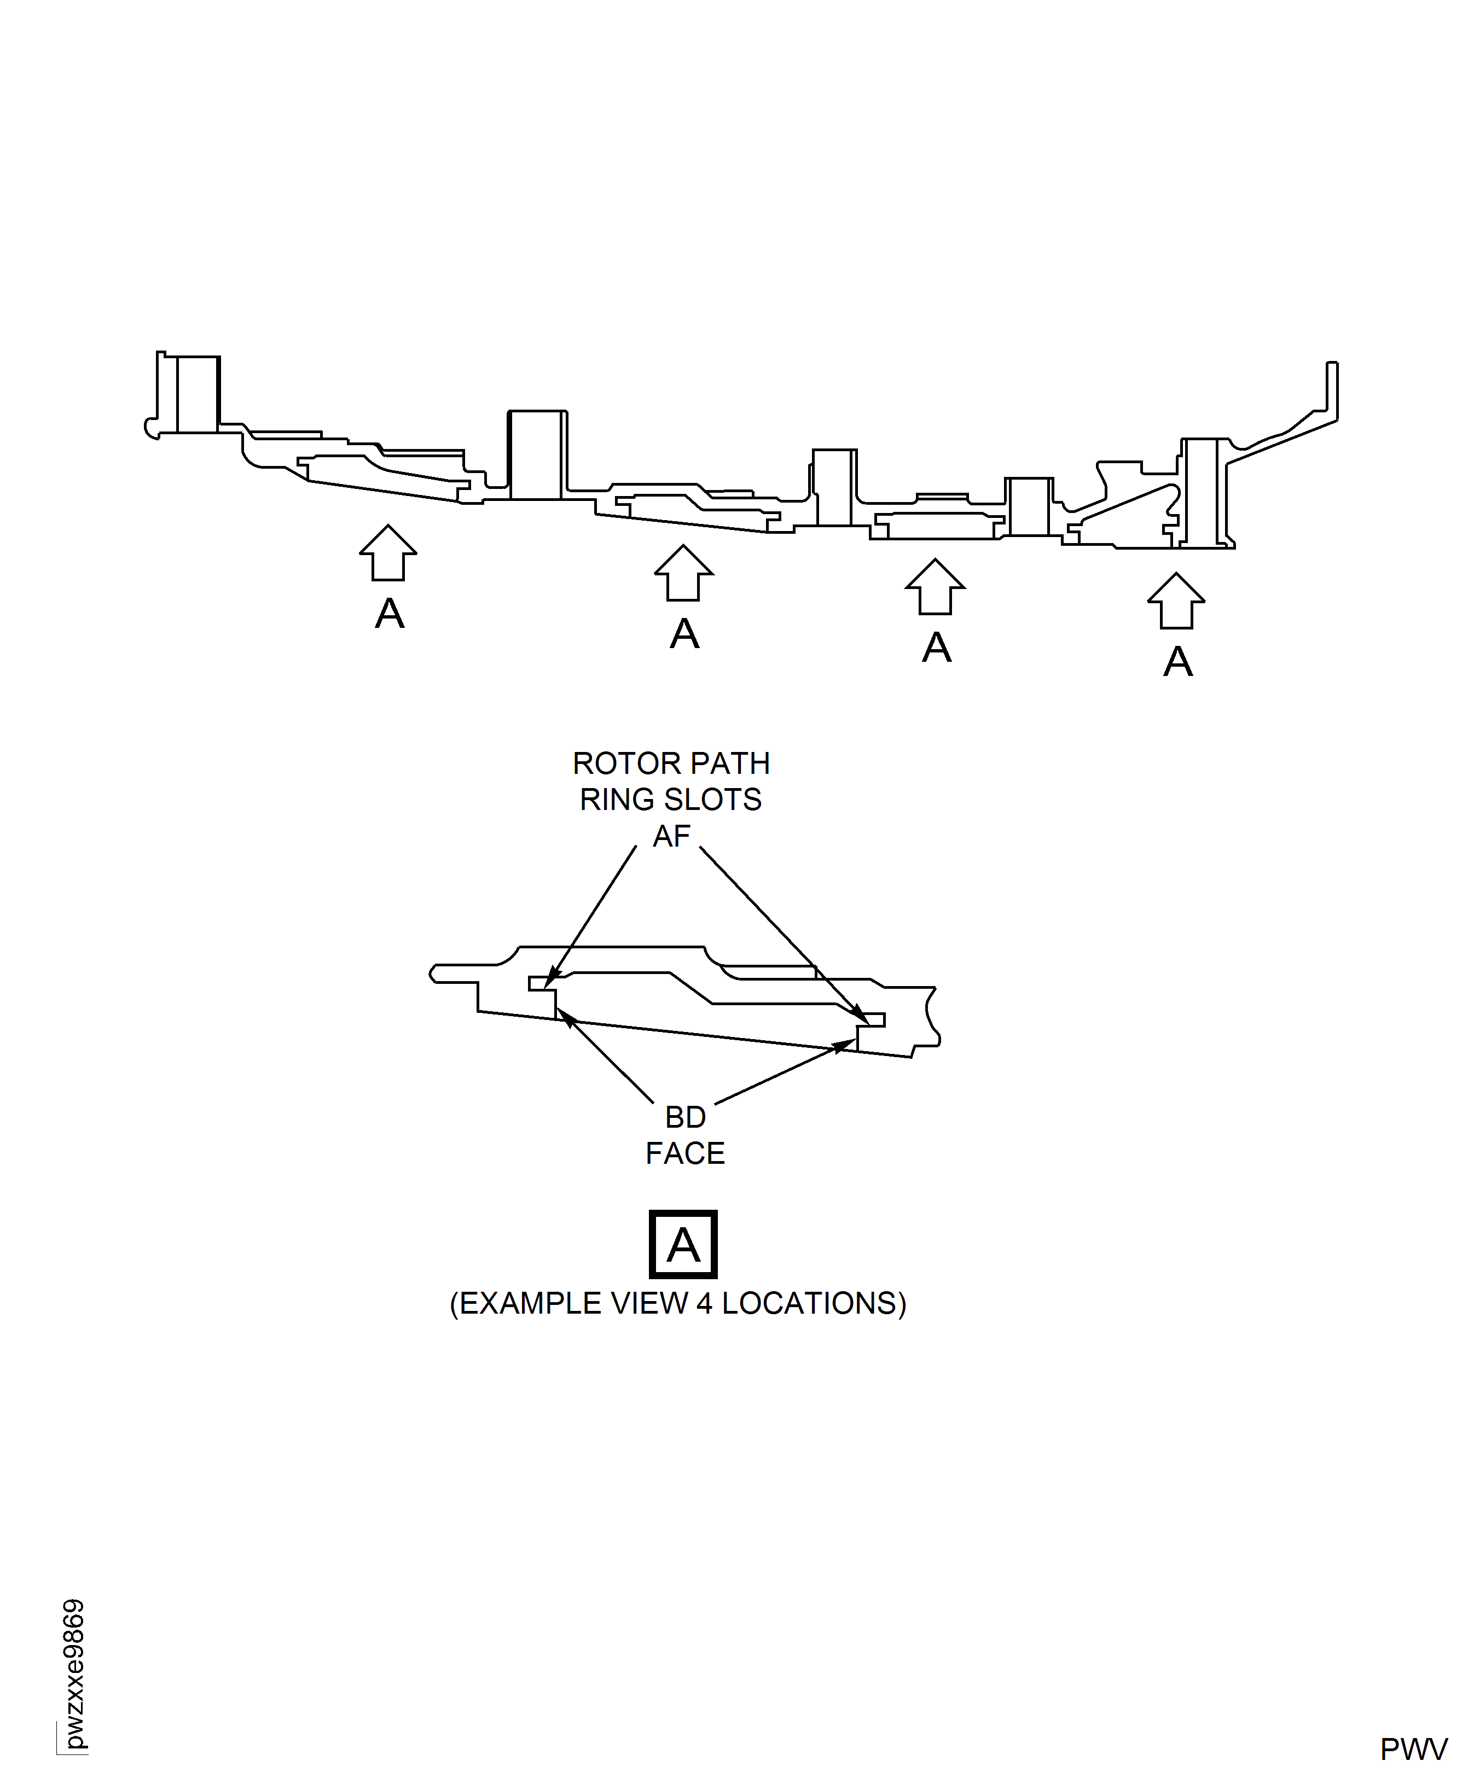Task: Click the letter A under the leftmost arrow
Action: coord(390,614)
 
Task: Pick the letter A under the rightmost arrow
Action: coord(1177,662)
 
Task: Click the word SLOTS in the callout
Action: coord(724,800)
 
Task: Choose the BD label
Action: coord(685,1117)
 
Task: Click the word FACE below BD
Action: coord(685,1153)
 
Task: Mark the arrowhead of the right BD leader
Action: coord(849,1043)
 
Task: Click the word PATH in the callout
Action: coord(732,764)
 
